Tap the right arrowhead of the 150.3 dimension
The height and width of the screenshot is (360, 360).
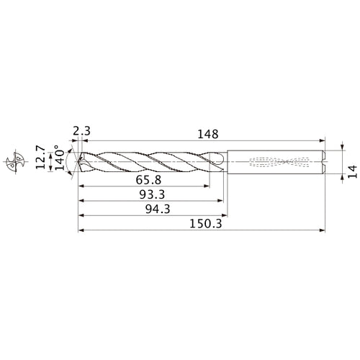(x=324, y=231)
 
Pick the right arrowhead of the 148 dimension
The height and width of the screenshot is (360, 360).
(x=324, y=140)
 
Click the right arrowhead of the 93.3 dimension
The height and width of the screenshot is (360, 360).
(x=220, y=200)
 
